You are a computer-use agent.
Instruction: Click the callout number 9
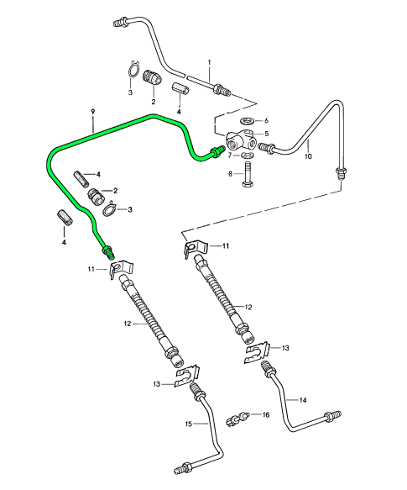tap(92, 112)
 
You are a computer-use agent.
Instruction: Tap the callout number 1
tap(210, 62)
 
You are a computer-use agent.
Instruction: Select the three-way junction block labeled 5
tap(243, 140)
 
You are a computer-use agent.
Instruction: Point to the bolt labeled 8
tap(248, 174)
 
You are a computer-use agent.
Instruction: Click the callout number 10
tap(308, 155)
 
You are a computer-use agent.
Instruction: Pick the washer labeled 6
tap(248, 120)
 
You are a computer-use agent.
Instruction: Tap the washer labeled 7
tap(248, 155)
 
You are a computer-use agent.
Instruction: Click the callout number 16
tap(266, 414)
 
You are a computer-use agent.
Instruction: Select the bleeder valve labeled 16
tap(237, 419)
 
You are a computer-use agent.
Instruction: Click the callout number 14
tap(303, 400)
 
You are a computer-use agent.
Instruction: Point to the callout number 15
tap(189, 424)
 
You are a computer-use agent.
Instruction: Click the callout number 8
tap(231, 174)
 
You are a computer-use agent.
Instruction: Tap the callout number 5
tap(266, 134)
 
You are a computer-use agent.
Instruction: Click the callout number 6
tap(266, 120)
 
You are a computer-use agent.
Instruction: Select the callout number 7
tap(230, 155)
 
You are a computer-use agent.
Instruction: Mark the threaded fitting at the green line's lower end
tap(108, 252)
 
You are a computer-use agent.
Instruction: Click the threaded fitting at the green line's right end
tap(218, 151)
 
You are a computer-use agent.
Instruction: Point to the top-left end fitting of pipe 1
tap(121, 23)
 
